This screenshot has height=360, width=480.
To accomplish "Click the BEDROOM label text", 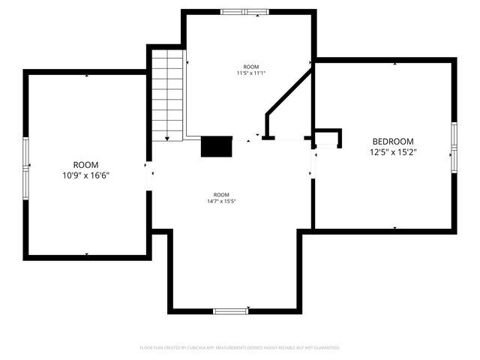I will click(392, 141).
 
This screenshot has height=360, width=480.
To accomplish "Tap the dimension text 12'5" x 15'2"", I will click(392, 152).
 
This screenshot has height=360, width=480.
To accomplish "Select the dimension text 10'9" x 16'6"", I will click(86, 175).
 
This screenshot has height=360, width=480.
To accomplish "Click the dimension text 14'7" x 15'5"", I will click(221, 201).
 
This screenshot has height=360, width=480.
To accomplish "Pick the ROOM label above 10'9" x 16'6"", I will click(86, 164).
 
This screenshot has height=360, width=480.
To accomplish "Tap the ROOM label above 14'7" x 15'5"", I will click(221, 194).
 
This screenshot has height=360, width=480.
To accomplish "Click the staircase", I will click(167, 94).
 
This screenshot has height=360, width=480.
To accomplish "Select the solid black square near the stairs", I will click(216, 146).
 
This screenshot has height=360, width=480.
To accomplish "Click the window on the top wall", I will click(244, 12).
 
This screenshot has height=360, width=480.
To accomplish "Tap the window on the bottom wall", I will click(230, 310).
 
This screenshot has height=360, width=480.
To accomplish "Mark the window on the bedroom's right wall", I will click(453, 147).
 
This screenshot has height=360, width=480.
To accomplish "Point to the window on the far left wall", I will click(26, 164).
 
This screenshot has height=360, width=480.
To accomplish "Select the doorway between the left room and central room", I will click(150, 174).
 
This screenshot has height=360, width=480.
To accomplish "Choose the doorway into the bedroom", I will click(313, 165).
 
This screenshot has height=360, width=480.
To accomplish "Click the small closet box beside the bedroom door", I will click(327, 139).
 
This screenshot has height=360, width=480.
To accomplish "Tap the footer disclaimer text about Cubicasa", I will click(240, 348).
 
